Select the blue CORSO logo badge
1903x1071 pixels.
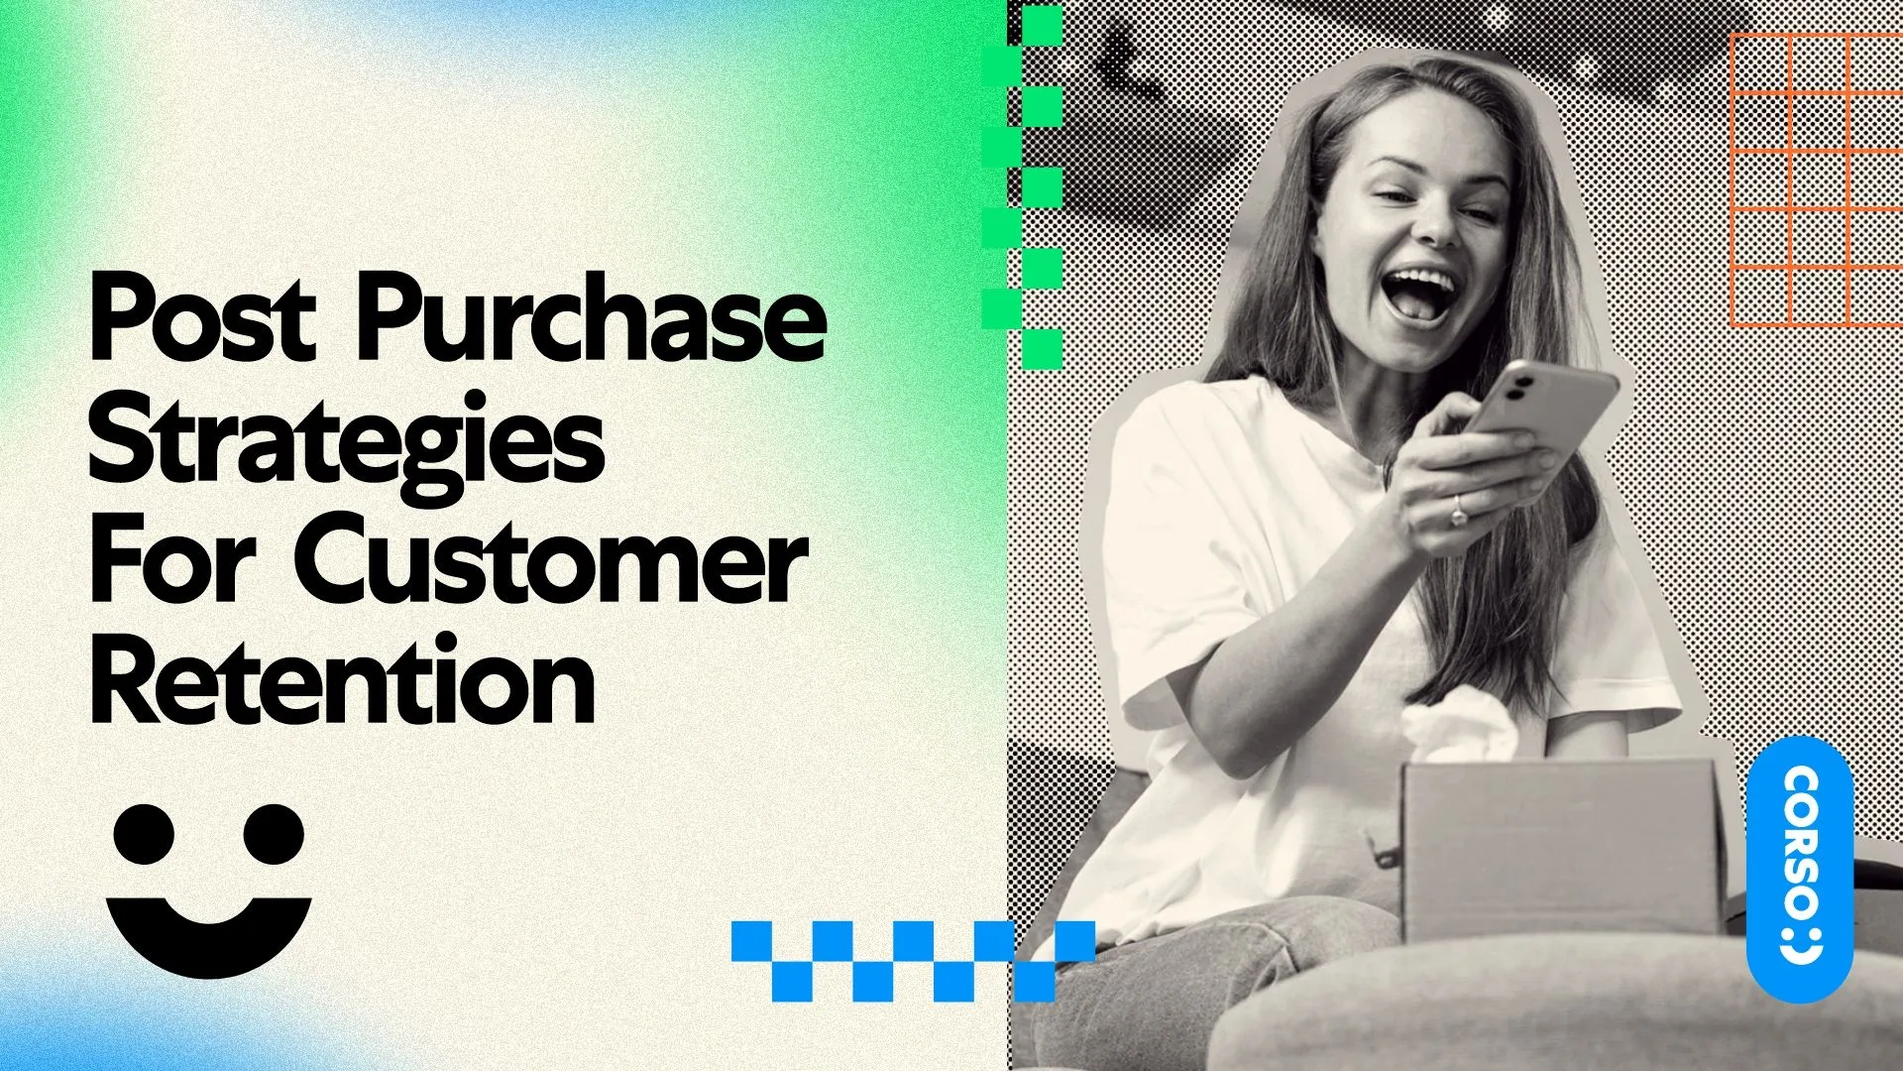[x=1800, y=868]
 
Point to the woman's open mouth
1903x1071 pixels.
[x=1419, y=292]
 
